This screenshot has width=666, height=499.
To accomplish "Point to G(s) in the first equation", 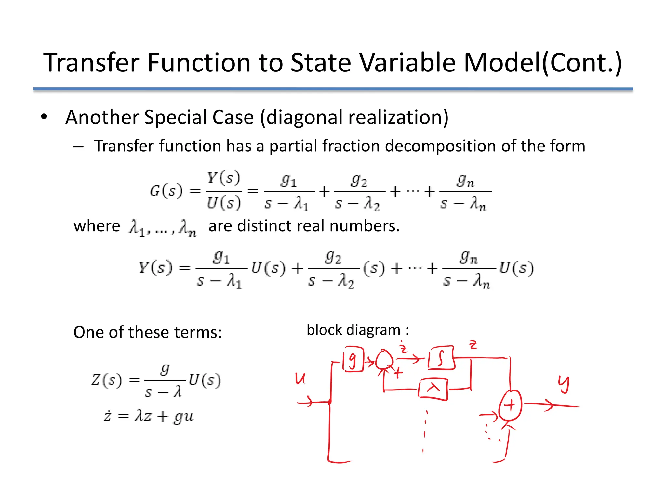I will click(166, 191).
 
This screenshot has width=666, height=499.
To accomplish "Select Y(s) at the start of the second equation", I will click(155, 268).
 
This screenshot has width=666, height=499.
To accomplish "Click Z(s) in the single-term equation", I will click(107, 380).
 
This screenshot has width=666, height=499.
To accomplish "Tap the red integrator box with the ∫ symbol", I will click(441, 358).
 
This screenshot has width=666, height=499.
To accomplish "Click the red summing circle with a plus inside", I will click(510, 405).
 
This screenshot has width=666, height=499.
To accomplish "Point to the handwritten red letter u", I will click(300, 378).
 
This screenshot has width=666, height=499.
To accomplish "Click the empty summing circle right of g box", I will click(384, 360).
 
